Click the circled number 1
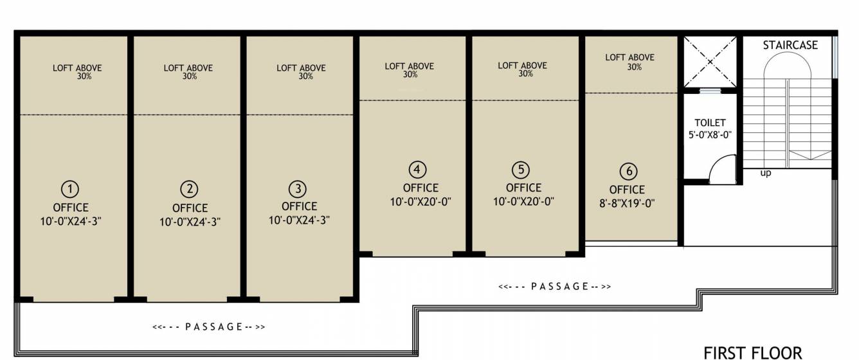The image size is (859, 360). pos(70,189)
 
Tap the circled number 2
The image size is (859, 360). pos(189,189)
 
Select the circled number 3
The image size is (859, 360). pos(298,189)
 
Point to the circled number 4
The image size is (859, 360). pos(418,170)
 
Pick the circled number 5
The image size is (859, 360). pos(521,170)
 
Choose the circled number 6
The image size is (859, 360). pos(628,172)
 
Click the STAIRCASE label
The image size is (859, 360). pos(790,45)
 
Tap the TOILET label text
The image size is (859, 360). pos(710,123)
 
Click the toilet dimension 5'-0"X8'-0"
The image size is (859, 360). pos(710,135)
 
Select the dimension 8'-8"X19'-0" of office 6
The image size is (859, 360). pos(627,203)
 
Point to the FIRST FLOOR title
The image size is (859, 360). pos(753,352)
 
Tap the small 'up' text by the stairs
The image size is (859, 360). pos(766,173)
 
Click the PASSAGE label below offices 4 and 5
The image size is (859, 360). pos(555,286)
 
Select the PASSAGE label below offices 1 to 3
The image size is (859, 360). pos(209,327)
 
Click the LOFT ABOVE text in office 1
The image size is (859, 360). pos(77,67)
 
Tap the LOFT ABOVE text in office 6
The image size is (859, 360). pos(629,57)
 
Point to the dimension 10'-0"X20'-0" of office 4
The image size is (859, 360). pos(421,201)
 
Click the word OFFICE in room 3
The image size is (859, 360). pos(299,206)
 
